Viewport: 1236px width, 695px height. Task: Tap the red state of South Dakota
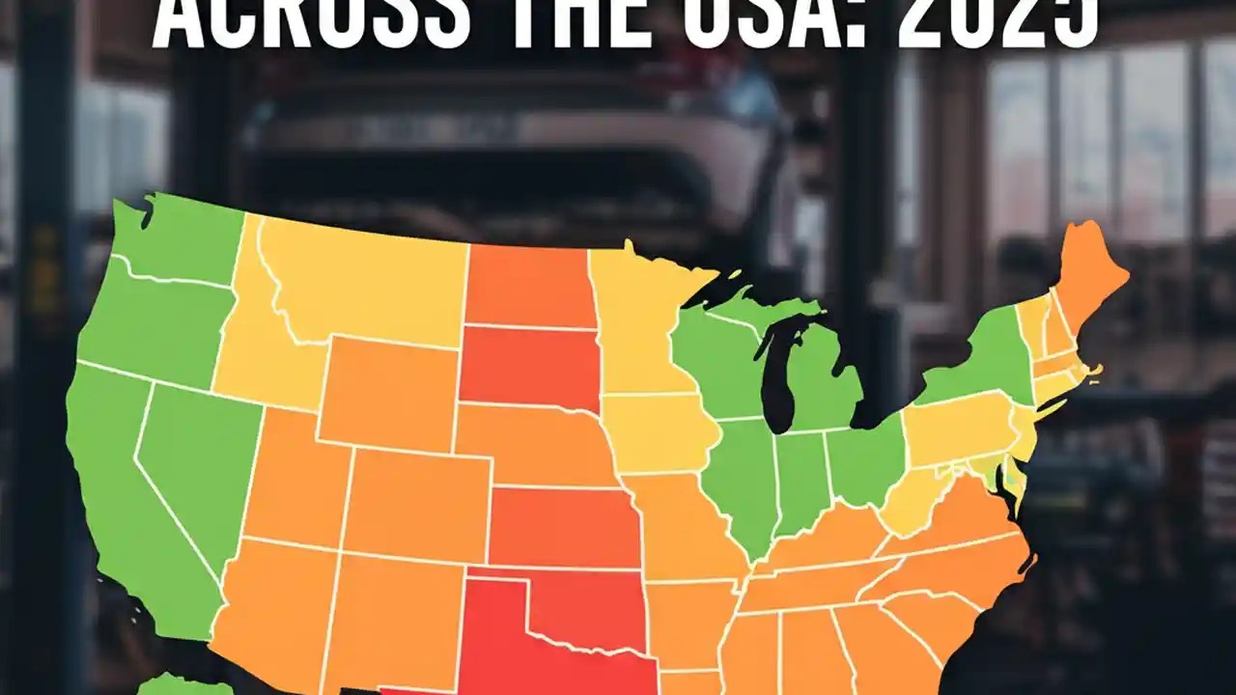point(528,367)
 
